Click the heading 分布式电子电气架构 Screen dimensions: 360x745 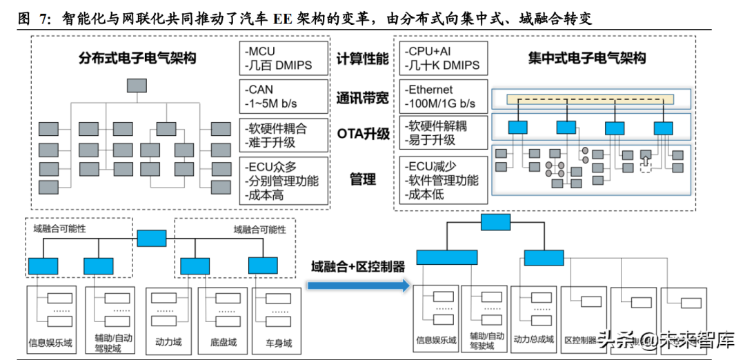point(137,59)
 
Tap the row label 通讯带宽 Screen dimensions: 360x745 point(363,97)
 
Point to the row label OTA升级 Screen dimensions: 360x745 point(363,134)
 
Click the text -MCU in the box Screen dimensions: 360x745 point(260,52)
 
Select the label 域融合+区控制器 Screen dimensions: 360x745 point(357,266)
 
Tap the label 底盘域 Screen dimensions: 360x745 point(223,342)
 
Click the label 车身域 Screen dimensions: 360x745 point(279,342)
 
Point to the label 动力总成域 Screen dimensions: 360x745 point(534,340)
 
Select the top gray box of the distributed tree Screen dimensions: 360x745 point(137,86)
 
